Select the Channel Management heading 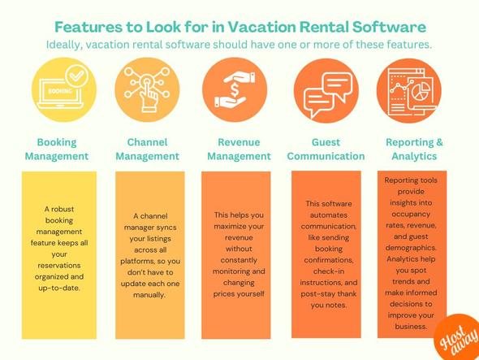point(148,149)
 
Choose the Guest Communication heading point(326,149)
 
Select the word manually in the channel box point(148,295)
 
